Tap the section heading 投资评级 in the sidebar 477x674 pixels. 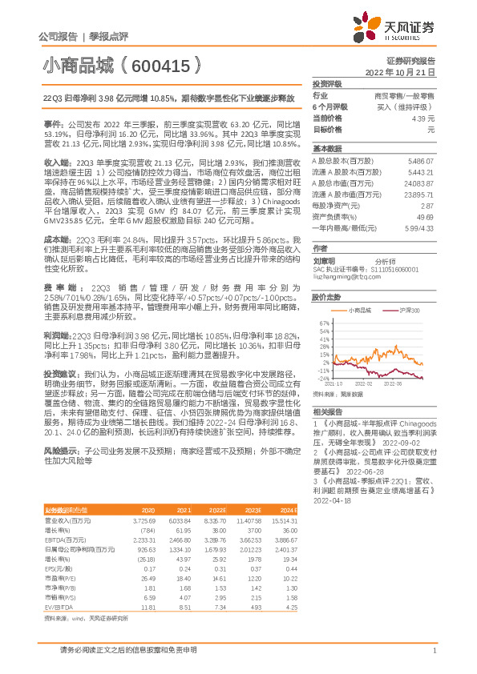pos(327,83)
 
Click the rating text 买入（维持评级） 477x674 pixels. pos(410,106)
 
